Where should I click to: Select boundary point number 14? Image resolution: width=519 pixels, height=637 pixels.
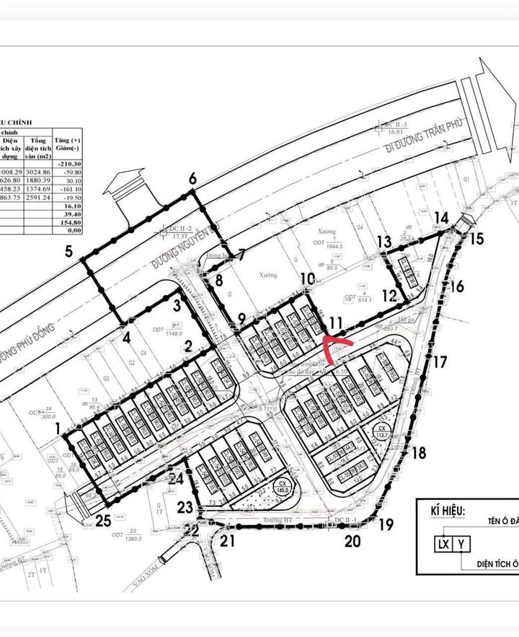tap(442, 218)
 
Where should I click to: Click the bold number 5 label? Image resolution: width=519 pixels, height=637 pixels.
tap(69, 252)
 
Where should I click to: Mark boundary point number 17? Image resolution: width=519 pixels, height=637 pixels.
tap(440, 363)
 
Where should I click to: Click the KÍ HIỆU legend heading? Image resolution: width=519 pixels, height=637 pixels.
tap(441, 510)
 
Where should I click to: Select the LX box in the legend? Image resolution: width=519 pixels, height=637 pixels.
tap(440, 545)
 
